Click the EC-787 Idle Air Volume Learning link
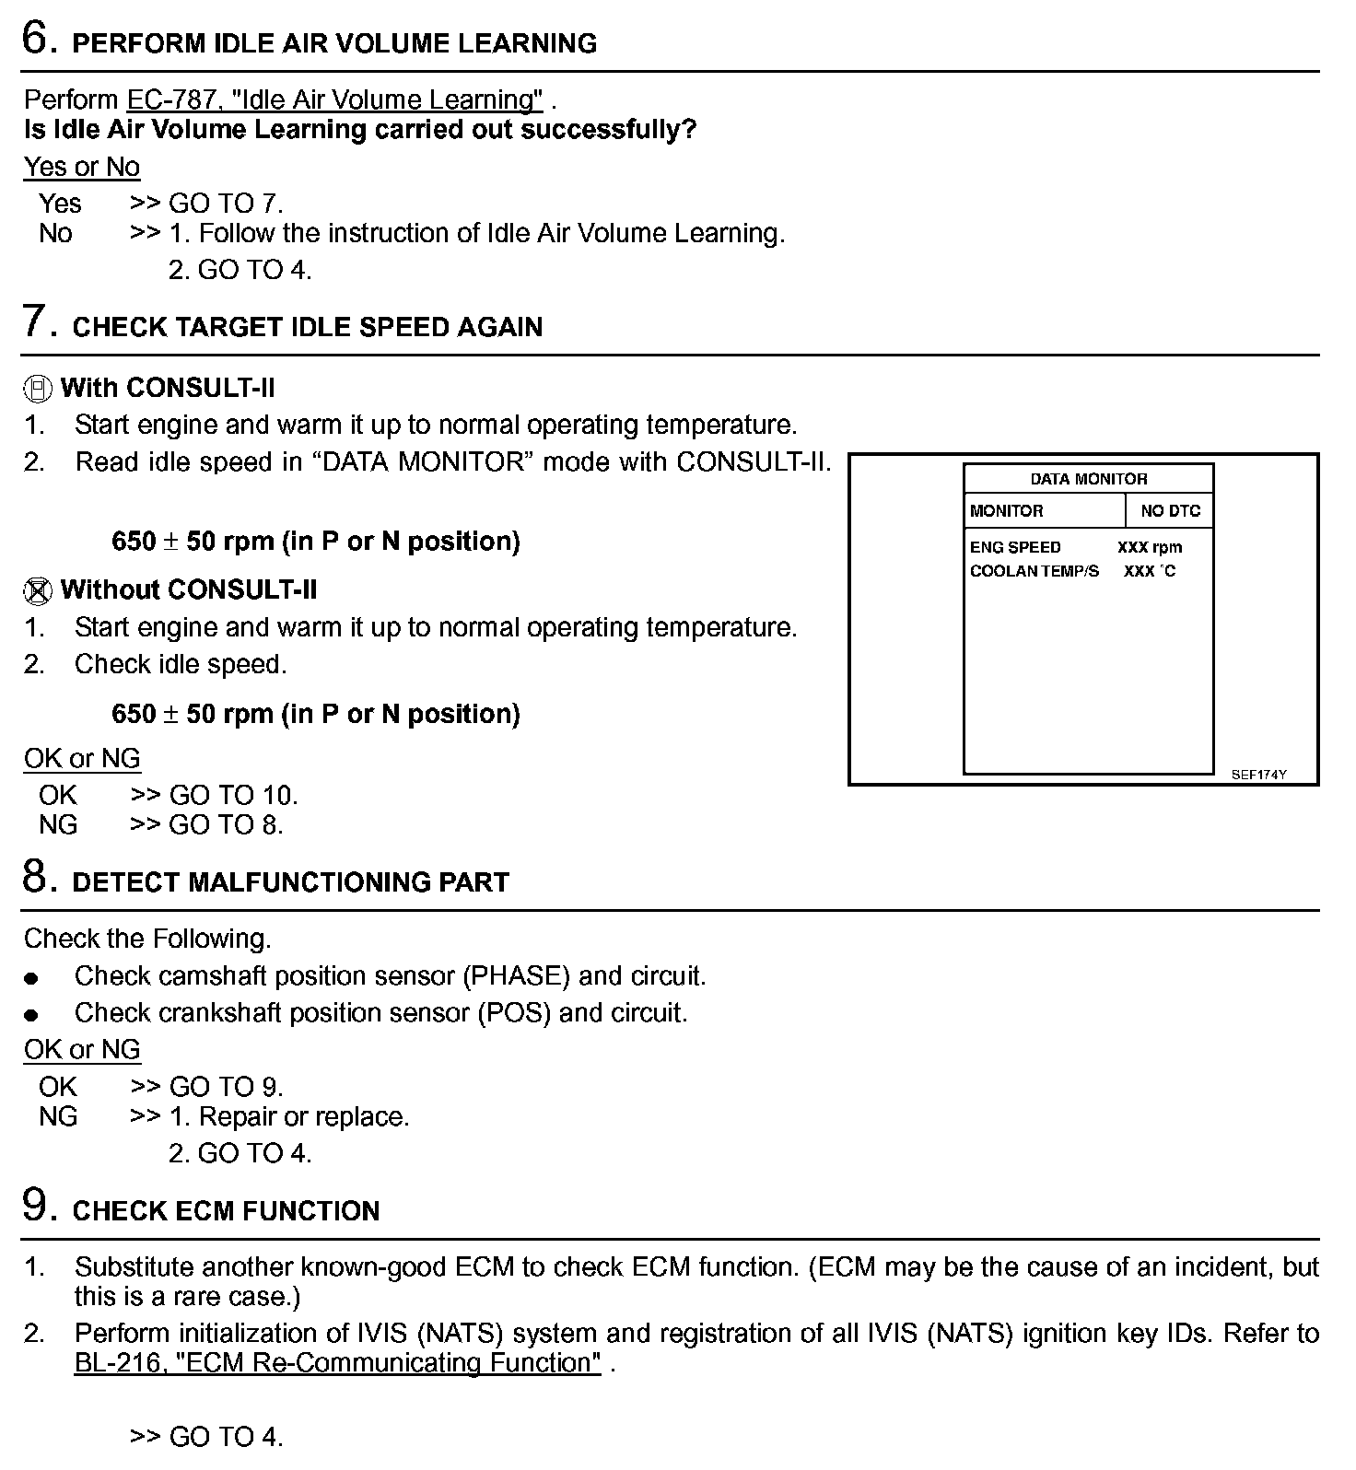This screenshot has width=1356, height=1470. (x=334, y=99)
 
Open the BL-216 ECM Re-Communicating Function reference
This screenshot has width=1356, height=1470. (x=337, y=1362)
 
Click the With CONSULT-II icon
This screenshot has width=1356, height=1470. (x=37, y=389)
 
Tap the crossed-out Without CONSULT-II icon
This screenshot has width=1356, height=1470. (x=37, y=590)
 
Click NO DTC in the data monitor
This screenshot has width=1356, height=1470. (x=1170, y=511)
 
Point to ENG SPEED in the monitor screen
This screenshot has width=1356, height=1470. (x=1015, y=547)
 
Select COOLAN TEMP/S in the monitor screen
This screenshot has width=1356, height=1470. (x=1034, y=571)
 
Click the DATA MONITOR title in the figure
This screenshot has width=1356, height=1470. (x=1088, y=479)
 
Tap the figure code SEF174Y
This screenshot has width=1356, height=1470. (x=1258, y=775)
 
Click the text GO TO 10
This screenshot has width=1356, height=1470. (x=233, y=795)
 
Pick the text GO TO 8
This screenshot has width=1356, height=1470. (x=226, y=824)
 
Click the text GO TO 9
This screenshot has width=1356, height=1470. (x=226, y=1087)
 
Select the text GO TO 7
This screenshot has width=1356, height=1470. (x=226, y=204)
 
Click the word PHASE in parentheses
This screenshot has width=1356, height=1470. (x=516, y=975)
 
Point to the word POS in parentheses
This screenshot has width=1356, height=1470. (x=513, y=1012)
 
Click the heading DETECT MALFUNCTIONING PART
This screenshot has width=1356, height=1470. (x=290, y=881)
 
